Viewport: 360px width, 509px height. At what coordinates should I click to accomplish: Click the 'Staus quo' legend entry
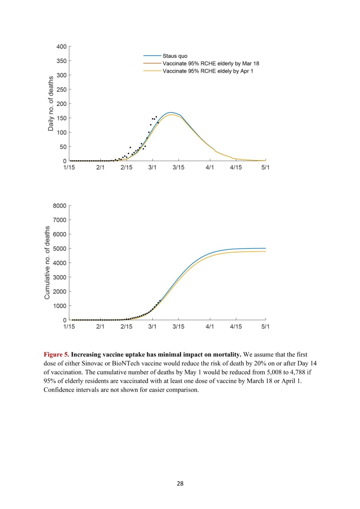(x=175, y=56)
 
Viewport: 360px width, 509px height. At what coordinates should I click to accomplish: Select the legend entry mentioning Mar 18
(x=211, y=63)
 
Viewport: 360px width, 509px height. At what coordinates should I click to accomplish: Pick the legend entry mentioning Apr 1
(x=208, y=71)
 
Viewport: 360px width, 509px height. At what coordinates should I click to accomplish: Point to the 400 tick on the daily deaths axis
(x=62, y=47)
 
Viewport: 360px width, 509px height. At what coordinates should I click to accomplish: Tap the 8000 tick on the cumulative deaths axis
(x=60, y=206)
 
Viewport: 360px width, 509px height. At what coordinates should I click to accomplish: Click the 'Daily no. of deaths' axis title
(x=51, y=103)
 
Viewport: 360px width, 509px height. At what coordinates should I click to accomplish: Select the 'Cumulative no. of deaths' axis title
(x=47, y=262)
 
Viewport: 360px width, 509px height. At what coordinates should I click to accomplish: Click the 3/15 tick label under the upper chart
(x=178, y=167)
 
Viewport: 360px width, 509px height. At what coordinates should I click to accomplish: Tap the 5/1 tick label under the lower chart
(x=265, y=326)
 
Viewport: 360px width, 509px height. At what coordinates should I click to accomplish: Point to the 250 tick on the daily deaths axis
(x=62, y=90)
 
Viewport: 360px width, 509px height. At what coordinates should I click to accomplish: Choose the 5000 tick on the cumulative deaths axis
(x=60, y=249)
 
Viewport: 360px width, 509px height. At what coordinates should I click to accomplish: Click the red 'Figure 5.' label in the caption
(x=56, y=354)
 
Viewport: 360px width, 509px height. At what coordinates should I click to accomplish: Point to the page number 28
(x=180, y=483)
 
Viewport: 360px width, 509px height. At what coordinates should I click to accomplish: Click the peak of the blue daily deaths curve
(x=171, y=113)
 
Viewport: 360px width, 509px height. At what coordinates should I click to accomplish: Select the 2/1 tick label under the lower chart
(x=100, y=326)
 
